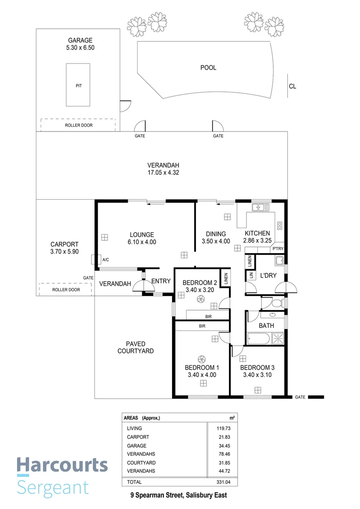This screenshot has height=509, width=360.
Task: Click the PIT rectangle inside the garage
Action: pos(78,85)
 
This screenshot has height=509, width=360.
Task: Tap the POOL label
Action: pos(208,68)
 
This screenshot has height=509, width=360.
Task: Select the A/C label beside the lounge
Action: pos(106,260)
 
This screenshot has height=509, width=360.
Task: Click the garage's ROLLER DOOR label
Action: pos(78,125)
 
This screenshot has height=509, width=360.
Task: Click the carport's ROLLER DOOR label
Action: pos(65,290)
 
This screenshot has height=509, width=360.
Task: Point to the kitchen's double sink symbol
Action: pos(260,207)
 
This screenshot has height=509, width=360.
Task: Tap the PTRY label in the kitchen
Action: pos(277,248)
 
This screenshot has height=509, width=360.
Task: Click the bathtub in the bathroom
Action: pos(258,338)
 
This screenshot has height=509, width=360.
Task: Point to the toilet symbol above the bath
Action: pos(278,302)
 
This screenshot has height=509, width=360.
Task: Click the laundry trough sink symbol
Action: pos(278,261)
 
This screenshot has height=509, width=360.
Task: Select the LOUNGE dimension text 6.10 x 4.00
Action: pos(142,242)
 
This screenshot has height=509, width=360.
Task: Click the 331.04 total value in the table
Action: pos(226,482)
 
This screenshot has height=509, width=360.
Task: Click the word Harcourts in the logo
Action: pos(62,465)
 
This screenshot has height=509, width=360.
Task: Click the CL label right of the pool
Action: pos(293,86)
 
